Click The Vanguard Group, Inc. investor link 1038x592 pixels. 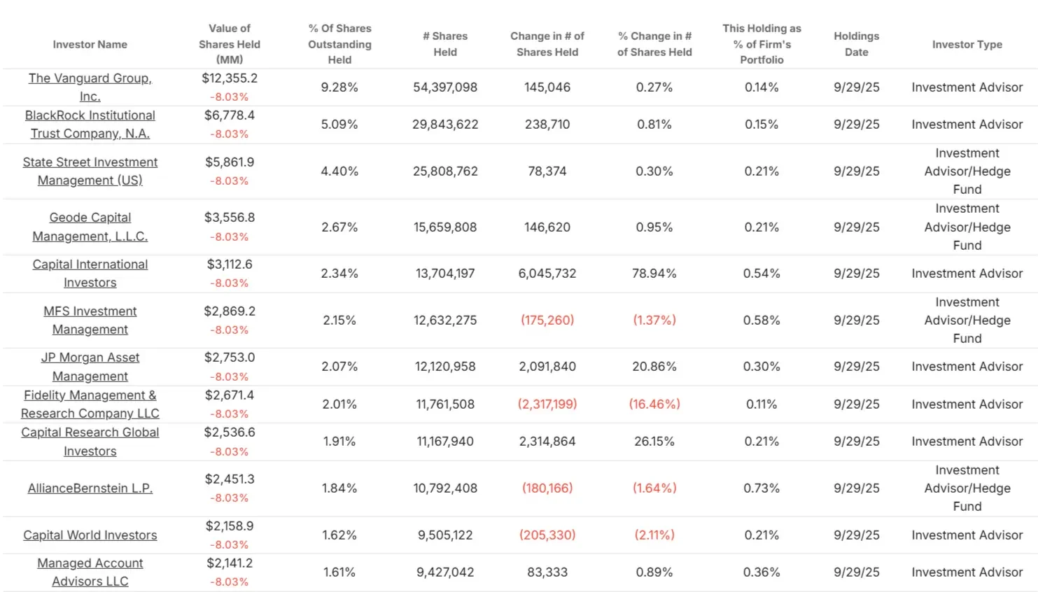tap(90, 87)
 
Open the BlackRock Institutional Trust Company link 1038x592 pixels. tap(90, 124)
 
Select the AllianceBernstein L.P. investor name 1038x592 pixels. tap(90, 488)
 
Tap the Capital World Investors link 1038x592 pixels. tap(90, 535)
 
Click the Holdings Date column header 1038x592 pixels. tap(856, 44)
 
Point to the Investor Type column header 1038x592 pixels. tap(967, 44)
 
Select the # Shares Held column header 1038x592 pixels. tap(444, 44)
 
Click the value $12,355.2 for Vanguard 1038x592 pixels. tap(230, 78)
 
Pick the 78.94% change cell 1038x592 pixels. tap(654, 273)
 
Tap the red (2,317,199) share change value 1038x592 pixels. tap(547, 404)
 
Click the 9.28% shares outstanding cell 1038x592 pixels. tap(339, 87)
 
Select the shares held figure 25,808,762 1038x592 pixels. tap(444, 171)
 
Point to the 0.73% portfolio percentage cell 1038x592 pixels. tap(761, 488)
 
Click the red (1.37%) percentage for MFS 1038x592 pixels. tap(654, 320)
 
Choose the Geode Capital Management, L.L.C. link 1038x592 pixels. tap(90, 227)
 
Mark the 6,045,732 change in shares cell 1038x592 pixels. tap(547, 273)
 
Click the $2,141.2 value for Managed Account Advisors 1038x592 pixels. tap(230, 563)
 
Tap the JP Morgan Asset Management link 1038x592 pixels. tap(90, 366)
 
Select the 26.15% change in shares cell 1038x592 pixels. tap(654, 441)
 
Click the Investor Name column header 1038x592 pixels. tap(90, 44)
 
